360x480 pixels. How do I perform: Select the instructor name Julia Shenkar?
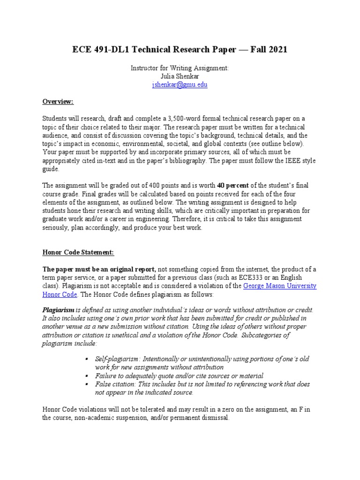(180, 76)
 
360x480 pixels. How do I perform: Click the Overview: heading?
(59, 101)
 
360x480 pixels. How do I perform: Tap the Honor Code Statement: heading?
(78, 252)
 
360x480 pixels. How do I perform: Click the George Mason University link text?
(280, 286)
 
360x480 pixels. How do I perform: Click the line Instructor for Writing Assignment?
(180, 68)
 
